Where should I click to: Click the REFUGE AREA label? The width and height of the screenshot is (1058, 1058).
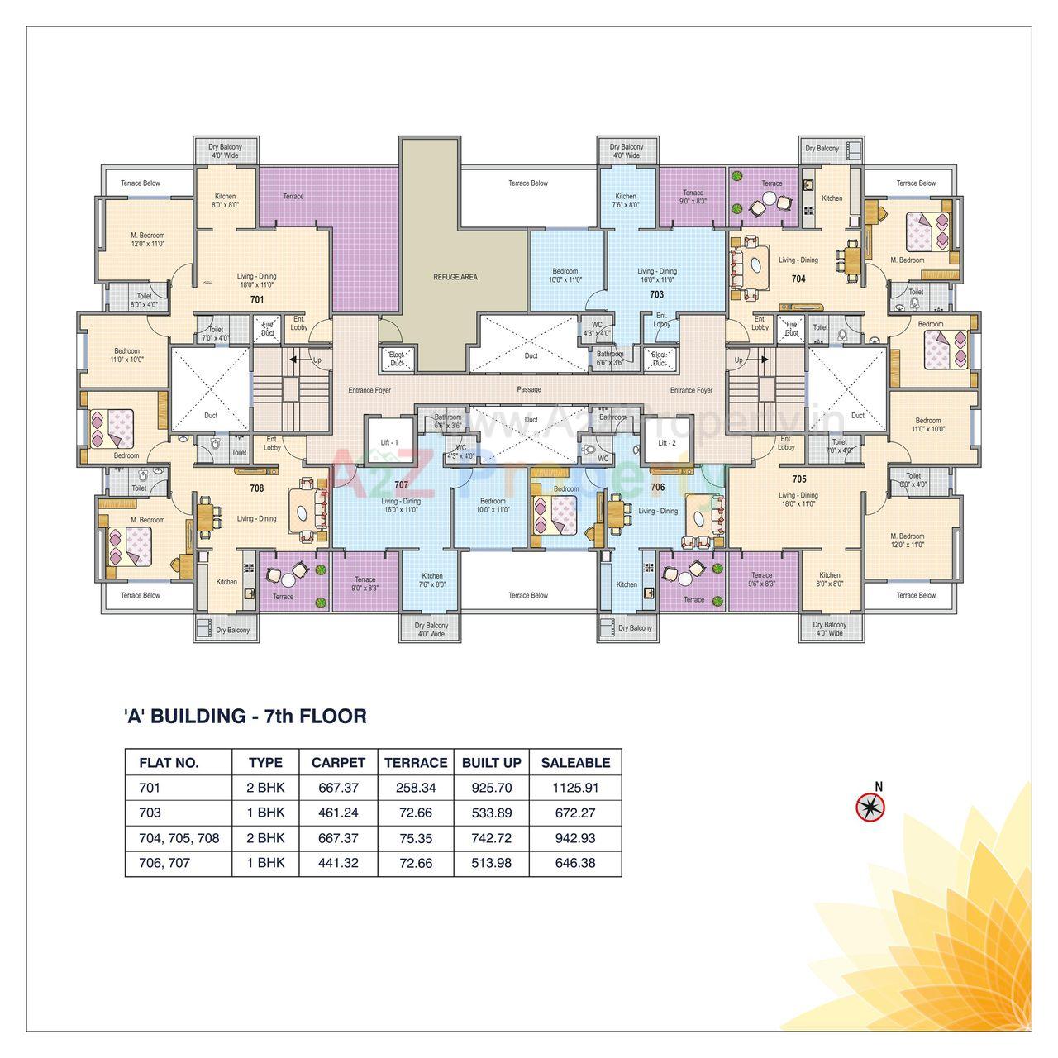(x=455, y=277)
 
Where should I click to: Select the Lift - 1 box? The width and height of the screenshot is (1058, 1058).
(x=389, y=443)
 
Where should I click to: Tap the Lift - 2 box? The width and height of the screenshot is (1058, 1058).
(x=667, y=443)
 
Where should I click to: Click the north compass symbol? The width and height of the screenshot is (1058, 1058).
(x=870, y=806)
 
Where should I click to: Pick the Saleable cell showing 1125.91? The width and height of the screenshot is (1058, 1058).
(x=575, y=788)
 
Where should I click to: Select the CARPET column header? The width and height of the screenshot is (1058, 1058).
(x=338, y=763)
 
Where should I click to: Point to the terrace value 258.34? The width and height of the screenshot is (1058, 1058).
(x=415, y=788)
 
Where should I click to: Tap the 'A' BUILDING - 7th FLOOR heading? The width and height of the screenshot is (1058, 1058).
(x=245, y=716)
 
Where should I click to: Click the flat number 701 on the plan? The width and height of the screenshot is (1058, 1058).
(x=257, y=299)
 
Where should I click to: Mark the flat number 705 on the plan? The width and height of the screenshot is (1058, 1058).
(x=798, y=479)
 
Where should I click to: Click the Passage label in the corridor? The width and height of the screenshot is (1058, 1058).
(x=529, y=389)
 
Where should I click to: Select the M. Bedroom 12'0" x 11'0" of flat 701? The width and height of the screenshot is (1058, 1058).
(x=147, y=239)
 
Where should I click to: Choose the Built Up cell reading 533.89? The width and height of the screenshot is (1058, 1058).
(x=492, y=813)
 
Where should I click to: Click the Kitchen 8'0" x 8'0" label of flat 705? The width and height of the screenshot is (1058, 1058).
(x=830, y=579)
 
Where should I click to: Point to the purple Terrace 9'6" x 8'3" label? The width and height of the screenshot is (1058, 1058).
(x=762, y=579)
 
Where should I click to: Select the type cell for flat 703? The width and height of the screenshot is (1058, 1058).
(x=265, y=813)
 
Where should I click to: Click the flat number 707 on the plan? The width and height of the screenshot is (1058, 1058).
(x=402, y=484)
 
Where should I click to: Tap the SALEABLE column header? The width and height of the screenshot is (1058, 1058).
(x=575, y=763)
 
